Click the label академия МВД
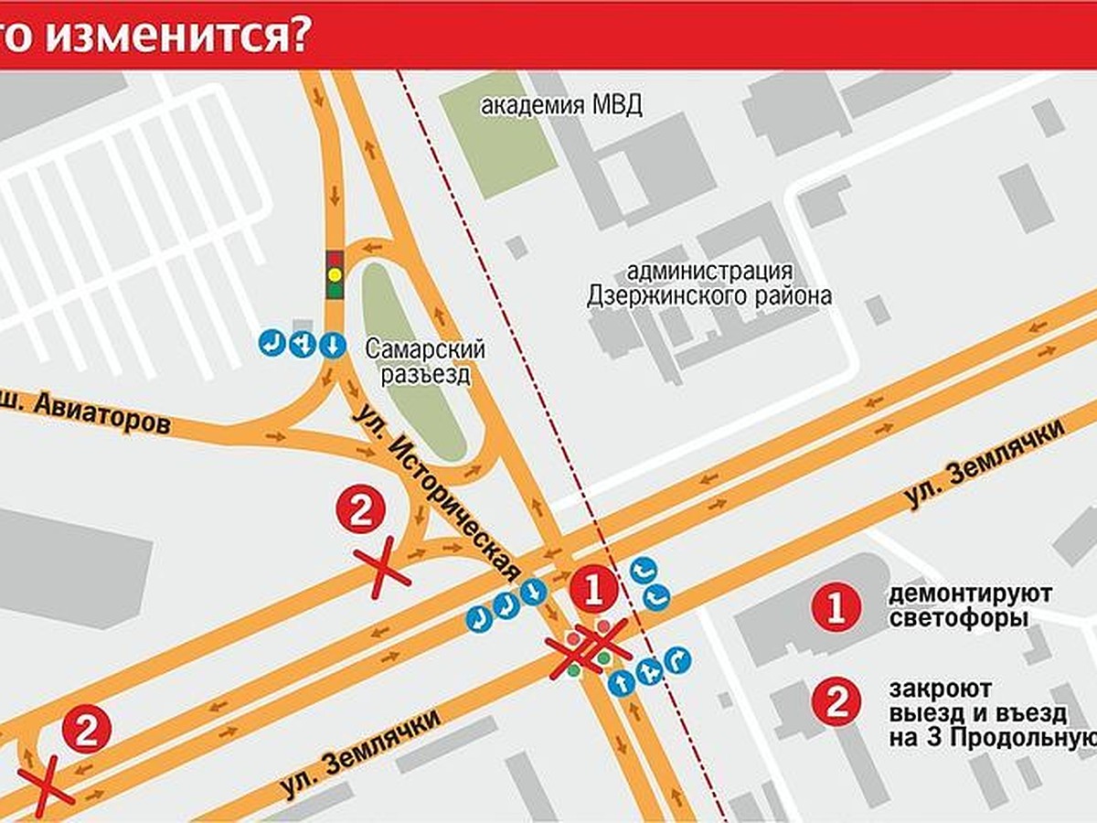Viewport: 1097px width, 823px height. pos(561,105)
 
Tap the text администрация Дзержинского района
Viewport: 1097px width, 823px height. pos(709,283)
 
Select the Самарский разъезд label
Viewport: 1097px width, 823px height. pos(424,361)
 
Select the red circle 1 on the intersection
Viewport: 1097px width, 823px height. pos(593,591)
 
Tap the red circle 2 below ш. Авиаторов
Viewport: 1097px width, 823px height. pos(361,510)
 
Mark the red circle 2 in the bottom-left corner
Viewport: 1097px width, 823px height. pos(88,731)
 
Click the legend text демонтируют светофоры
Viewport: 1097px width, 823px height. pos(969,606)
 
